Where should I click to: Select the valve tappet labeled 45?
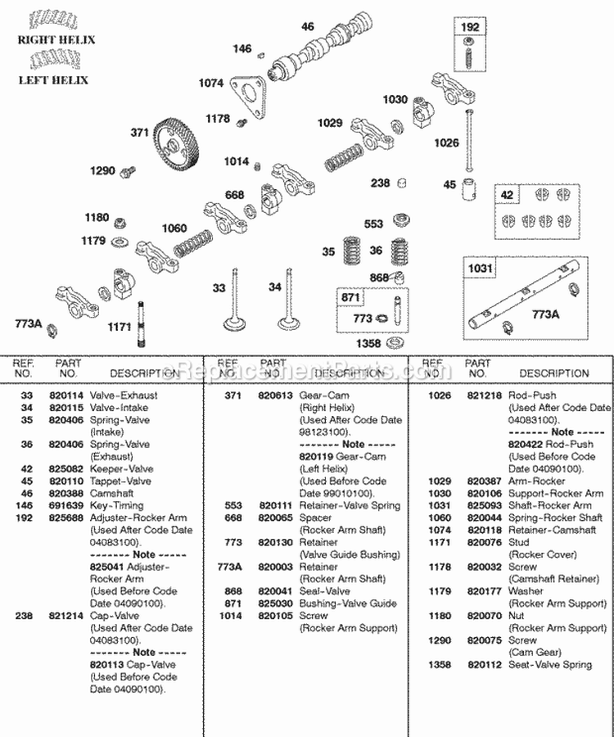pos(470,189)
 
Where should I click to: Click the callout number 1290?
pos(102,171)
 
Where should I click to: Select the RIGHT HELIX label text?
pos(54,39)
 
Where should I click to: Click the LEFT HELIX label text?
pos(53,80)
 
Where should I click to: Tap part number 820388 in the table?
pos(70,494)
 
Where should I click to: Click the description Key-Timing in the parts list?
pos(114,506)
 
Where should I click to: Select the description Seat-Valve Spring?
pos(550,664)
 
